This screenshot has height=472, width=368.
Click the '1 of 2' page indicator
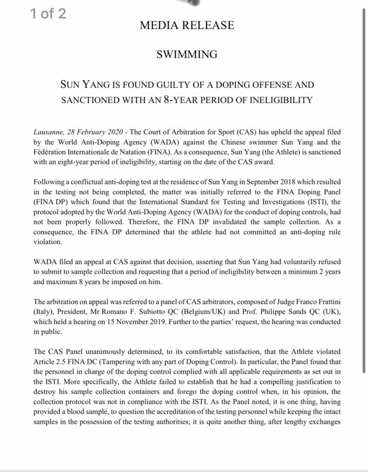tap(48, 14)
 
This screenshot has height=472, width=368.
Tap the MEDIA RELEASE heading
tap(187, 25)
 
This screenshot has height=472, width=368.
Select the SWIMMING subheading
tap(187, 54)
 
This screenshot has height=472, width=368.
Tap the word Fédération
tap(52, 152)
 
